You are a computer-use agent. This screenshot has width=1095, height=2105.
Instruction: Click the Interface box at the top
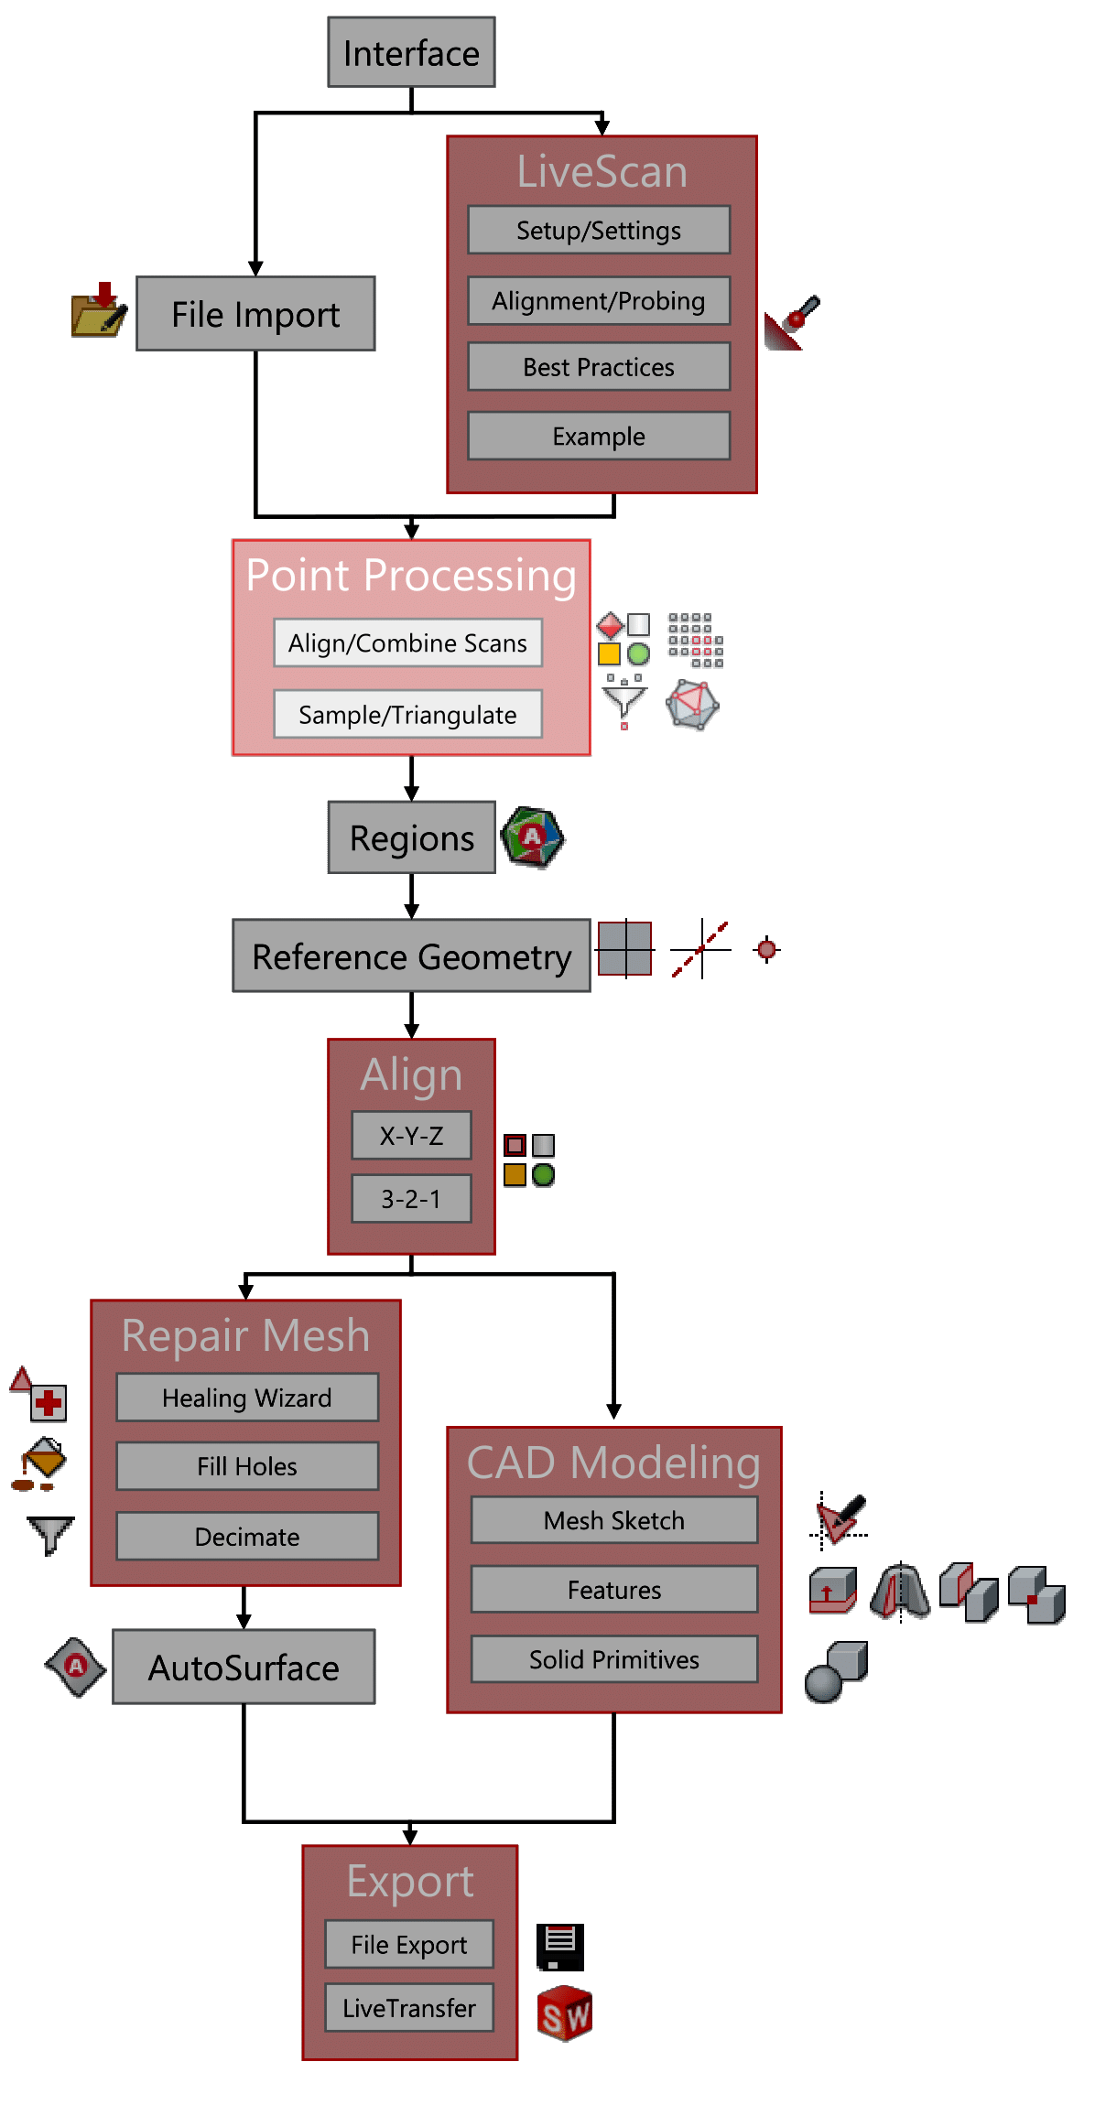tap(411, 53)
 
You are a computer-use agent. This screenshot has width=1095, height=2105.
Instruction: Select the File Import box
tap(255, 314)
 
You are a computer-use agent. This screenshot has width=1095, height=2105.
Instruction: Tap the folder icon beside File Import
tap(98, 311)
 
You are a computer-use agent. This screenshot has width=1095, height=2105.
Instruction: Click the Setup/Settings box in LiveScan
tap(599, 230)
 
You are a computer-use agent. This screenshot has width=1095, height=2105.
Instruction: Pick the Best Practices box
tap(599, 367)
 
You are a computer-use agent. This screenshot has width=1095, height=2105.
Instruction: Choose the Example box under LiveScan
tap(599, 436)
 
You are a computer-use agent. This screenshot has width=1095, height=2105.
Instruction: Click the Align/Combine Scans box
tap(407, 642)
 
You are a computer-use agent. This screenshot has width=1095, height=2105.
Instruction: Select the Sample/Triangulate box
tap(407, 714)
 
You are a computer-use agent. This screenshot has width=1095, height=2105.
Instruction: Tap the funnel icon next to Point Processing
tap(624, 700)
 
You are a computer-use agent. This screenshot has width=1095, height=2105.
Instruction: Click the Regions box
tap(411, 837)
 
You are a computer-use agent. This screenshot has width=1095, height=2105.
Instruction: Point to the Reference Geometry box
tap(411, 956)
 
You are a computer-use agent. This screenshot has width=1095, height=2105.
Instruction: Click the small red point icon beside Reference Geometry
tap(766, 949)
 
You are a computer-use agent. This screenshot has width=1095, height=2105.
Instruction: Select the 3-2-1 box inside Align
tap(411, 1198)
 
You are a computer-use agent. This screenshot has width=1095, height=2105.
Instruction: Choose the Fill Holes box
tap(247, 1466)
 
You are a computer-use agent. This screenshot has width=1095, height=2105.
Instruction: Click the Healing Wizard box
tap(247, 1398)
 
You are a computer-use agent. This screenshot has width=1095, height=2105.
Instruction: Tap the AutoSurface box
tap(244, 1668)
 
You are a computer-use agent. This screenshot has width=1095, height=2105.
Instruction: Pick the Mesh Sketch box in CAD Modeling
tap(614, 1520)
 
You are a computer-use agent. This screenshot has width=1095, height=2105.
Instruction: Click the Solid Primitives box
tap(614, 1659)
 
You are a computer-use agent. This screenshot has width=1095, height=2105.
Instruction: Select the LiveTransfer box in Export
tap(409, 2008)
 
